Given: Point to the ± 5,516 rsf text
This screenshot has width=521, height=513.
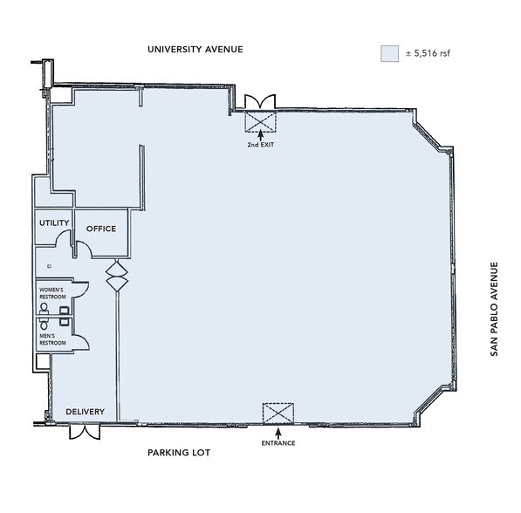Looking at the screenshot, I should click(x=428, y=54).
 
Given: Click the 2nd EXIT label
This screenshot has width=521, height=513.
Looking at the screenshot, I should click(x=260, y=144).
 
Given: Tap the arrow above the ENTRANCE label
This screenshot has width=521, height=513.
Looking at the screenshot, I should click(x=278, y=431).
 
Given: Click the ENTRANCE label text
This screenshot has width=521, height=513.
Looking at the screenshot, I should click(x=278, y=443).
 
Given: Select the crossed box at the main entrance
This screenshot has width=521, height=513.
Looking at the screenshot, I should click(x=278, y=413).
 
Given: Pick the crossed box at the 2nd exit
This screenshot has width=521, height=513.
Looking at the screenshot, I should click(x=260, y=120).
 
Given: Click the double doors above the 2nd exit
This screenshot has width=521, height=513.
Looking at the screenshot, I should click(x=260, y=100).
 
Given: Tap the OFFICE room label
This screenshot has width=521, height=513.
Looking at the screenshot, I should click(x=100, y=229).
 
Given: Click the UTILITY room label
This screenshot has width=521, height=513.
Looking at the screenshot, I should click(x=53, y=223).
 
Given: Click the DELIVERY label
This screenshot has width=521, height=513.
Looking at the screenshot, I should click(x=86, y=412).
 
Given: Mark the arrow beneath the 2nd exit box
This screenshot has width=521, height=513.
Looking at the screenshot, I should click(x=260, y=134).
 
